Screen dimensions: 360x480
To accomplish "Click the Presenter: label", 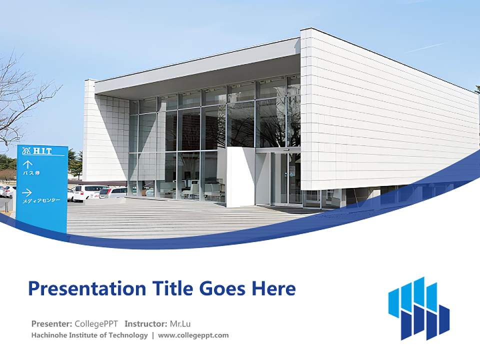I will [51, 323].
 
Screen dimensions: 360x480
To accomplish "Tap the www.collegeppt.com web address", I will [193, 335].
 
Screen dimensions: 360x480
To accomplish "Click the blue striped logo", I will [418, 308].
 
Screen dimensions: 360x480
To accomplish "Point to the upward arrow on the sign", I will [28, 163].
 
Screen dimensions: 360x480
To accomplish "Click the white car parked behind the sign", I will [87, 192].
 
